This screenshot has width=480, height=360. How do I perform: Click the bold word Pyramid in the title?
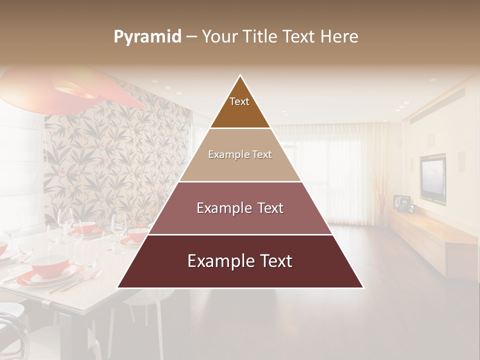pyautogui.click(x=147, y=37)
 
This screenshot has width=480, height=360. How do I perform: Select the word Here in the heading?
pyautogui.click(x=339, y=36)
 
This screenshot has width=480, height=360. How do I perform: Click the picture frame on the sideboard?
pyautogui.click(x=401, y=202)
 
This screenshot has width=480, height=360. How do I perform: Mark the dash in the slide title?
pyautogui.click(x=191, y=37)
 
